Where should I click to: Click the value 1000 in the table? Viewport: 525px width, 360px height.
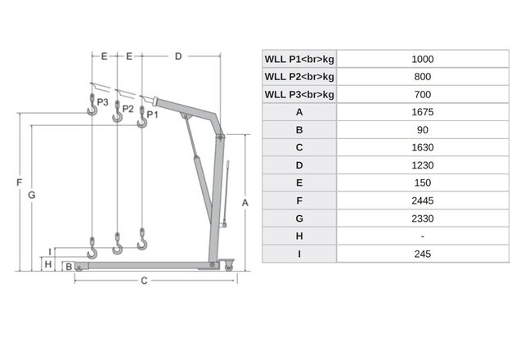[423, 60]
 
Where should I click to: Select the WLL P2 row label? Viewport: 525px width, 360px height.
[299, 78]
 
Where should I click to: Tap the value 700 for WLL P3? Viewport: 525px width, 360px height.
[423, 95]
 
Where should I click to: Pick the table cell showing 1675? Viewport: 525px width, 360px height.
[423, 113]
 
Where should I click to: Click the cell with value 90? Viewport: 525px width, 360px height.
[423, 130]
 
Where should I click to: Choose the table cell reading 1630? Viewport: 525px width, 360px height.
[423, 148]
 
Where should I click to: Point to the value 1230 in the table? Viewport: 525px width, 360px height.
[423, 165]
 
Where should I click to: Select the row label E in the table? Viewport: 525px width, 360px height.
[299, 183]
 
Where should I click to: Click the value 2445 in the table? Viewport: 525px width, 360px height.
[423, 200]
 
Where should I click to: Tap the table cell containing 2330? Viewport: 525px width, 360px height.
[423, 218]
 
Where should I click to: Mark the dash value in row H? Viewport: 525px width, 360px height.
[423, 236]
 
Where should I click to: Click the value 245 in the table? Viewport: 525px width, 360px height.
[423, 254]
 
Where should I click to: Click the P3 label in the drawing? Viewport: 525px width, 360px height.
[102, 102]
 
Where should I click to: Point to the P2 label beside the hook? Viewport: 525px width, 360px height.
[128, 108]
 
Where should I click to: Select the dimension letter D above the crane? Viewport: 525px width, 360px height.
[178, 56]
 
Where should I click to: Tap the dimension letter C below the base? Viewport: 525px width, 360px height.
[143, 281]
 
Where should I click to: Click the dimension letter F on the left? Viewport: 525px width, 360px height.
[18, 182]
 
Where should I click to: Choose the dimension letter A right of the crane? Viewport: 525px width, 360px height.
[244, 201]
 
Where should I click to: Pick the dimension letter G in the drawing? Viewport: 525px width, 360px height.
[32, 195]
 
